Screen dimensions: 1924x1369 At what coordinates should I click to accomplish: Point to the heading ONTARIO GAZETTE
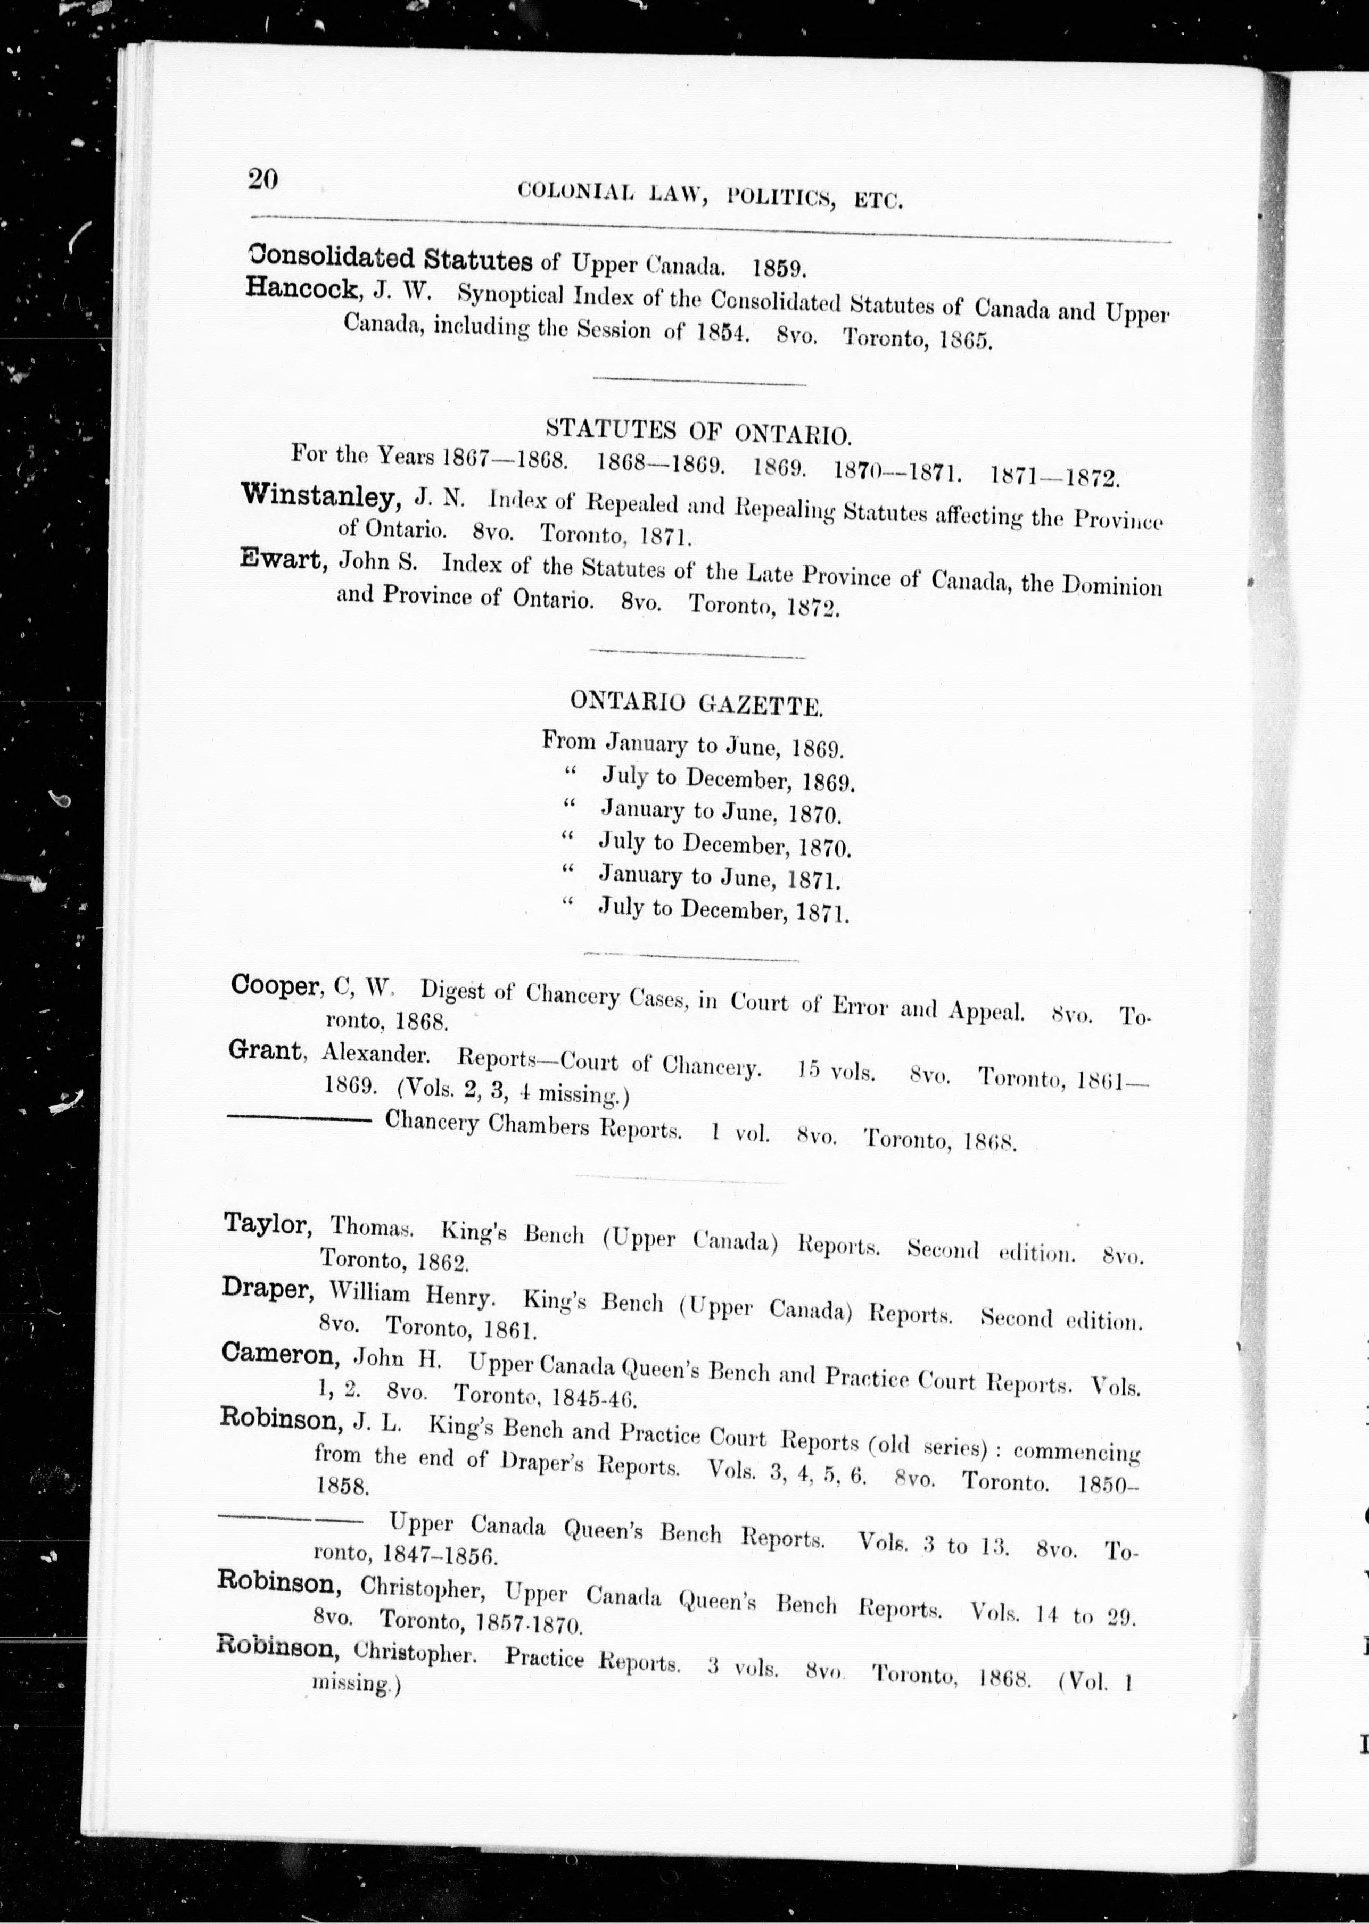click(x=696, y=703)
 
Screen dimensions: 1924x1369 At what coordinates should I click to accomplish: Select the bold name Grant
click(x=265, y=1050)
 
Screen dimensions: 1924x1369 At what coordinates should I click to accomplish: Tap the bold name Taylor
click(x=266, y=1224)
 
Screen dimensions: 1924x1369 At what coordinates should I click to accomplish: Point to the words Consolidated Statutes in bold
click(x=390, y=258)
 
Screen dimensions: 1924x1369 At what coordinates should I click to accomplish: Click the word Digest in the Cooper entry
click(x=452, y=990)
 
